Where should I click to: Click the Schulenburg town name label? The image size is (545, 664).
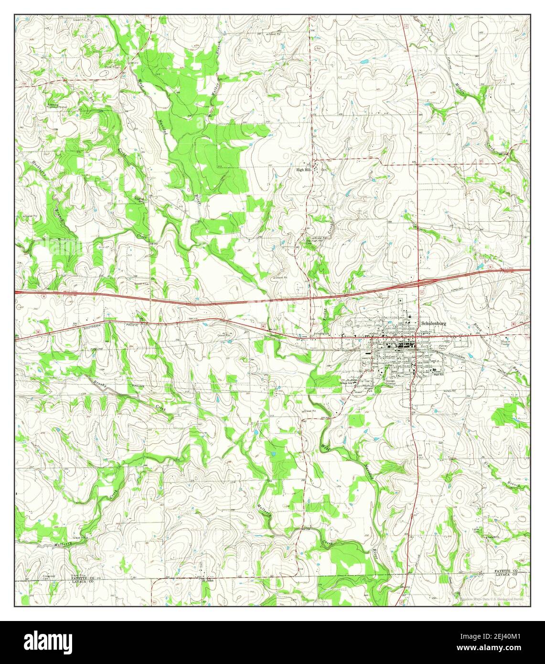(x=433, y=323)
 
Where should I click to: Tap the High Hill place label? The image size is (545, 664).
(x=303, y=170)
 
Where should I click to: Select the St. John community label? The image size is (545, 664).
(x=206, y=581)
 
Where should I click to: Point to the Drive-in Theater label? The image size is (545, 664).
(x=505, y=343)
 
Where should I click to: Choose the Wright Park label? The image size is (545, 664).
(x=367, y=389)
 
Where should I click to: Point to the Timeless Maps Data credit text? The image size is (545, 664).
(x=492, y=599)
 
